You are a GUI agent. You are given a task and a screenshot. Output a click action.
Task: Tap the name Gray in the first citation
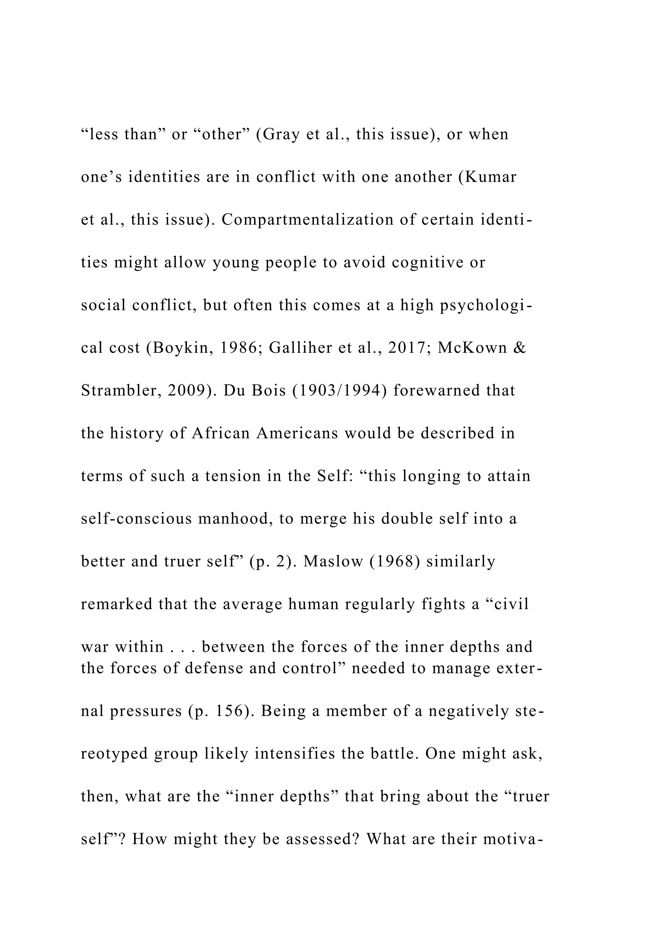tap(281, 134)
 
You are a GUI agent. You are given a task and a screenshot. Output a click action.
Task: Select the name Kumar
tap(491, 177)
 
